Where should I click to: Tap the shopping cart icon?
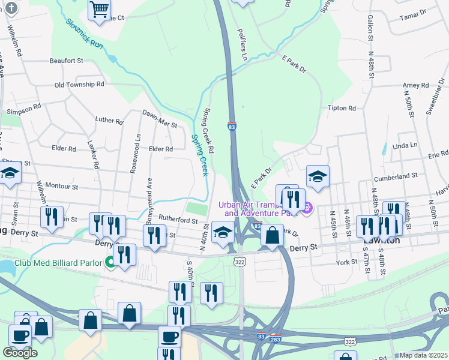click(x=99, y=9)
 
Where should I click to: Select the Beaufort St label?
click(x=66, y=61)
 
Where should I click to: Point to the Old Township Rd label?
click(x=79, y=85)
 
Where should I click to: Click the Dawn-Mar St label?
click(x=160, y=118)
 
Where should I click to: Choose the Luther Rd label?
click(x=109, y=121)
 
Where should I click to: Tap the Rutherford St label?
click(x=178, y=220)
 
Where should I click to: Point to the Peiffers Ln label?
click(x=243, y=44)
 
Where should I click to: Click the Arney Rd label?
click(x=416, y=85)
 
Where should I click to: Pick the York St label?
click(x=347, y=262)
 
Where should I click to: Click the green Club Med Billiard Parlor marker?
click(x=110, y=262)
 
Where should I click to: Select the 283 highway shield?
click(x=276, y=338)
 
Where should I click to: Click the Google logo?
click(x=20, y=353)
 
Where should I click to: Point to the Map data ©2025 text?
click(x=424, y=355)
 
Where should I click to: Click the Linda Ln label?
click(x=404, y=145)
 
